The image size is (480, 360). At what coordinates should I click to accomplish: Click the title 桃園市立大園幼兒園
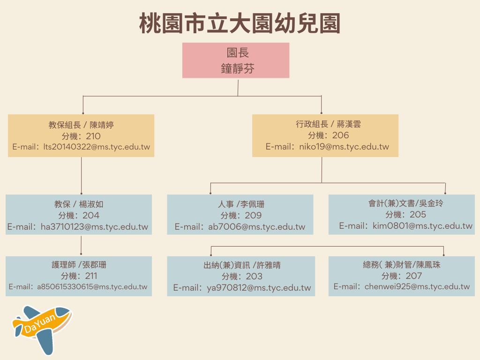pyautogui.click(x=240, y=23)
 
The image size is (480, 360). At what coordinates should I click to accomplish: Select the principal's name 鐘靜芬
pyautogui.click(x=238, y=68)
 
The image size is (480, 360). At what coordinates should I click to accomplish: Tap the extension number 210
pyautogui.click(x=93, y=136)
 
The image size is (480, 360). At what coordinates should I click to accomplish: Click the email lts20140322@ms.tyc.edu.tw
pyautogui.click(x=97, y=147)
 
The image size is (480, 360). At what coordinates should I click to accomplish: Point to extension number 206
pyautogui.click(x=340, y=135)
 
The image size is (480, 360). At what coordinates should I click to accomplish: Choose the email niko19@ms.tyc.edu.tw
pyautogui.click(x=344, y=147)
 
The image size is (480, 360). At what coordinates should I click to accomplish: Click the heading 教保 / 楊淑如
pyautogui.click(x=79, y=204)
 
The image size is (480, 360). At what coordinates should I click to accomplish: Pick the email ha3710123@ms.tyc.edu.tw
pyautogui.click(x=94, y=227)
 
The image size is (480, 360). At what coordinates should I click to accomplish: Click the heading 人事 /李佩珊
pyautogui.click(x=241, y=204)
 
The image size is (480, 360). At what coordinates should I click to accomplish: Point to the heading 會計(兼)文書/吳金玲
pyautogui.click(x=405, y=203)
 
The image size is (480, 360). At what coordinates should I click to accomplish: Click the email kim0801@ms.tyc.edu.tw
pyautogui.click(x=422, y=226)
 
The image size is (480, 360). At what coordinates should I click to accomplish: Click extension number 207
pyautogui.click(x=414, y=276)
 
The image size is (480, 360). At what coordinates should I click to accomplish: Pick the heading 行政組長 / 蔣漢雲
pyautogui.click(x=328, y=124)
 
